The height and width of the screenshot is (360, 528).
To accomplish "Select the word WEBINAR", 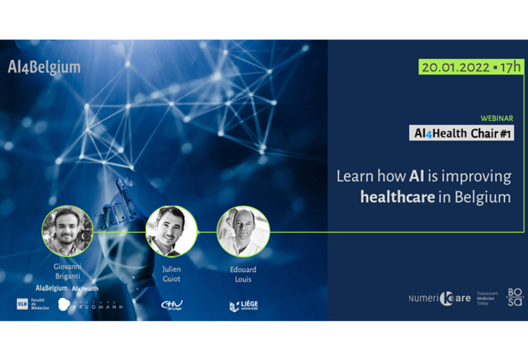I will [x=496, y=118].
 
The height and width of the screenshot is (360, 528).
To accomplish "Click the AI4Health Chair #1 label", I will [x=461, y=132].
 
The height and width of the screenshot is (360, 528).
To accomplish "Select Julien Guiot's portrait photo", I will [x=171, y=230].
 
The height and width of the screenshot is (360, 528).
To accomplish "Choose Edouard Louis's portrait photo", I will [x=243, y=230].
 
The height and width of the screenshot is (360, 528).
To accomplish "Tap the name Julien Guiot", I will [x=171, y=273].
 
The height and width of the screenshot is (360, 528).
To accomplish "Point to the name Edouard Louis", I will [x=243, y=273].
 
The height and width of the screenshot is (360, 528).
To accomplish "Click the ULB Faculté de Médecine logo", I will [x=32, y=304].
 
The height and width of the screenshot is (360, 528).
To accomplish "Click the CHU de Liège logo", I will [x=171, y=304].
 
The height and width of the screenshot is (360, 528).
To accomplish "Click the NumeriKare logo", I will [x=439, y=299].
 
